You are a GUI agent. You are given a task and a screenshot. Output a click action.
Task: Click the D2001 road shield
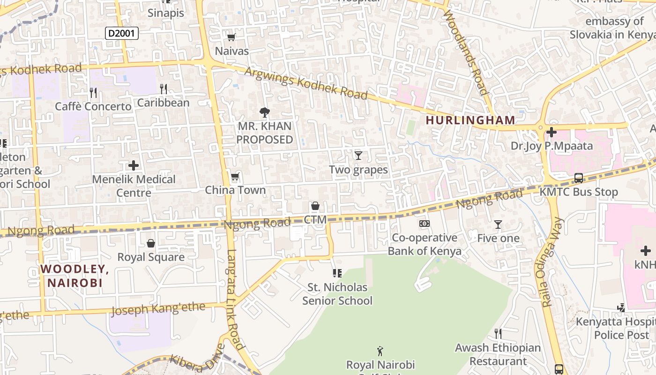pos(121,33)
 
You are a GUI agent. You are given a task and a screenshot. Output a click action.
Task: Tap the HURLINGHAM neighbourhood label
pos(470,120)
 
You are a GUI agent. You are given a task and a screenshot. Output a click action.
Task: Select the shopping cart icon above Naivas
pos(231,37)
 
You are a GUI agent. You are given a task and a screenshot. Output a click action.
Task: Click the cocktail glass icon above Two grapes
pos(358,155)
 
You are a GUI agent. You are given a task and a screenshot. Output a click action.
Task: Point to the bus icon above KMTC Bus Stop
pos(579,178)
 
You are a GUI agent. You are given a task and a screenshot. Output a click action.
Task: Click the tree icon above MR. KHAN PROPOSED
pos(264,112)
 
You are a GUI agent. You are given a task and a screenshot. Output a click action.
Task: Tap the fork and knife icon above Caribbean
pos(163,89)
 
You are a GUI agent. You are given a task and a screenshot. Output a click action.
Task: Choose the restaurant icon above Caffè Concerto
pos(93,92)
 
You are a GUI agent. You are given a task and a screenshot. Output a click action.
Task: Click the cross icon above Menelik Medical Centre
pos(134,165)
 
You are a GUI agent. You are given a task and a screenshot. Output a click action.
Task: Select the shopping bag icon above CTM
pos(315,206)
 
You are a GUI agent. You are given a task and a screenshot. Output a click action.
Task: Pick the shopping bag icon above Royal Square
pos(151,243)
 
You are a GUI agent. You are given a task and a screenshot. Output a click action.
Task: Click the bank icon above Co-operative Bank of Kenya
pos(425,224)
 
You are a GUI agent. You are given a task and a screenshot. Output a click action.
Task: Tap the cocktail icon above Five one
pos(498,225)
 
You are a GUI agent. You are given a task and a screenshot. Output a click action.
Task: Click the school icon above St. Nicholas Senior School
pos(337,273)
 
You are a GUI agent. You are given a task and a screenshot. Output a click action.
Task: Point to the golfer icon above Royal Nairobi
pos(380,351)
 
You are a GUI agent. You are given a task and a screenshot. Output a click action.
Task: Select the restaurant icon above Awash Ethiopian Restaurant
pos(498,334)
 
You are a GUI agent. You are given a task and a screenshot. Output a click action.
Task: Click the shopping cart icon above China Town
pos(235,177)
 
